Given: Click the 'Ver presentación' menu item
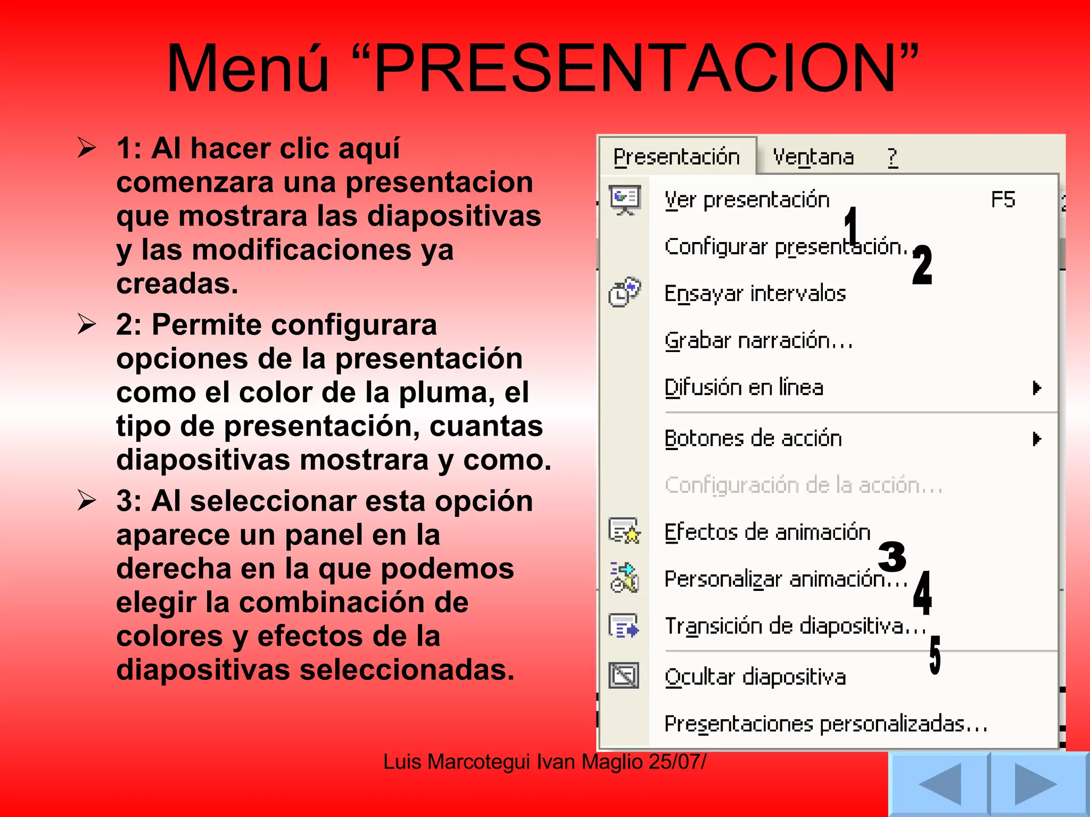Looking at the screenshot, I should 747,201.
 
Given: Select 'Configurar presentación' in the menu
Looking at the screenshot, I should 785,247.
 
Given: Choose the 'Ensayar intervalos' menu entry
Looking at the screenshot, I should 755,294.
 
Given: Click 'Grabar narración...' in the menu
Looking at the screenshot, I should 758,341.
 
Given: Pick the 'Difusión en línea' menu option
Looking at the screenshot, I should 744,387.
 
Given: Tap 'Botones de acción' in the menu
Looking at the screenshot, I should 753,439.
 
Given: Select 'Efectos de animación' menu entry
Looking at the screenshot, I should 767,532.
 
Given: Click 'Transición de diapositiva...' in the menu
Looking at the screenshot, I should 795,626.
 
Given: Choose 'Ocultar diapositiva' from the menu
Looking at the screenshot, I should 755,677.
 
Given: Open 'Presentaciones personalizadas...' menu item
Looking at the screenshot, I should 825,724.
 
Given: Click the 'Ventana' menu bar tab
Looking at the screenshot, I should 813,157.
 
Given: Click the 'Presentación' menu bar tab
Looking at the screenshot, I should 676,157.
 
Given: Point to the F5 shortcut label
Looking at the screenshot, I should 1003,199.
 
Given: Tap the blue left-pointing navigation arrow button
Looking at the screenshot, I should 939,784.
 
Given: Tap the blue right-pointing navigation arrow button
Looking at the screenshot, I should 1036,784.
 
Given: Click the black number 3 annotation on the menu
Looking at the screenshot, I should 892,556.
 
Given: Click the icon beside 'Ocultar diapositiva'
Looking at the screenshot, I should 624,676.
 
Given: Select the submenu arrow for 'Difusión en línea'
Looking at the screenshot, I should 1036,388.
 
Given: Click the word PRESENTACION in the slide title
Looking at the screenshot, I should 635,69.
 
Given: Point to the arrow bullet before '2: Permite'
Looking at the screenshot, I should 87,324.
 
